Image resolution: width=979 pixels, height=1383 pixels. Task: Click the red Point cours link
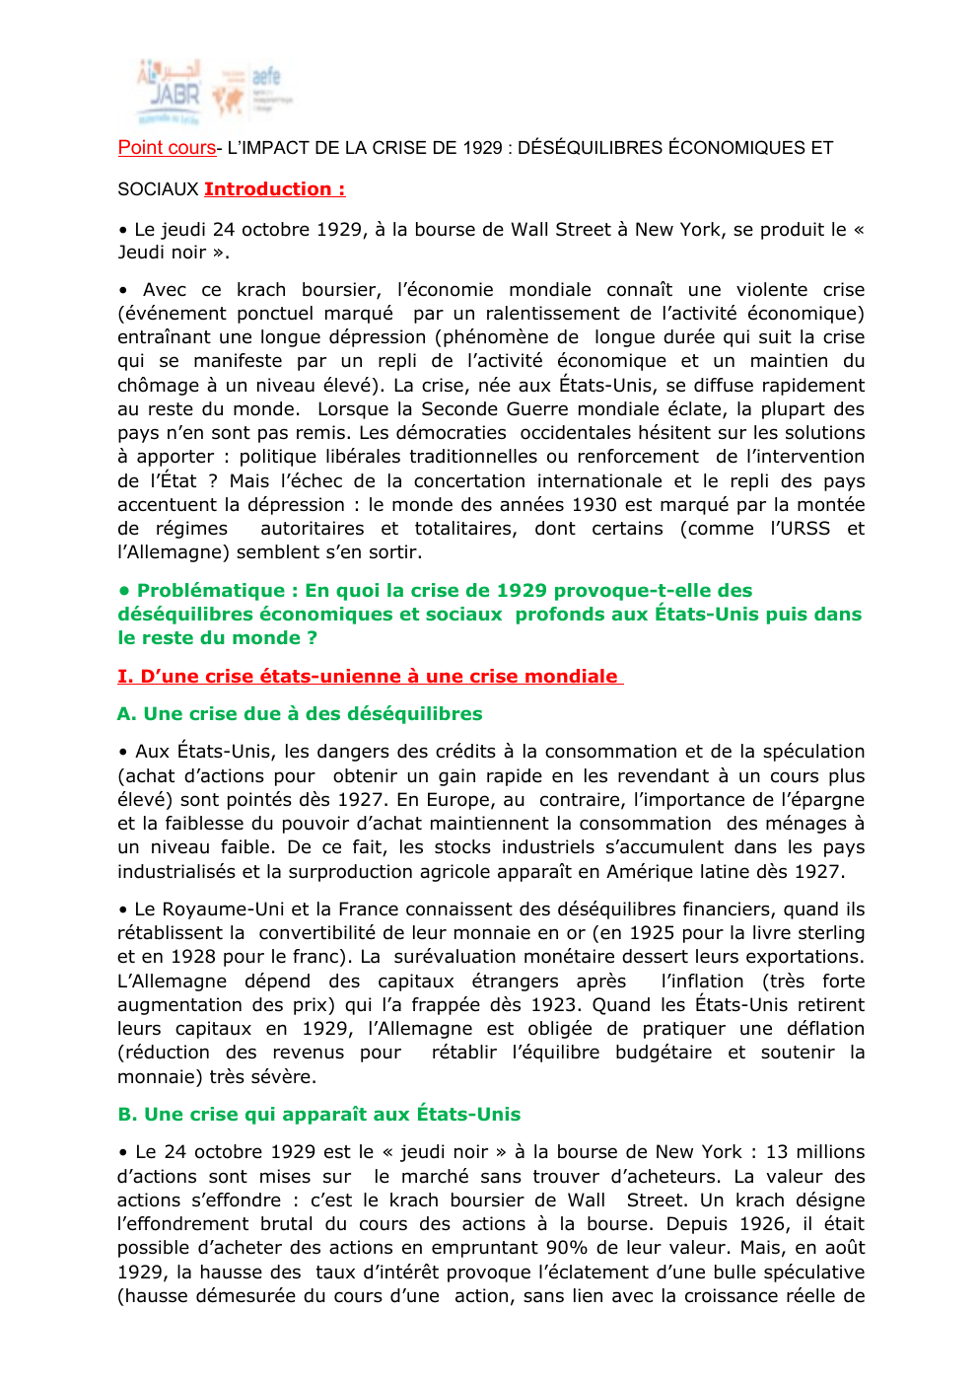(167, 148)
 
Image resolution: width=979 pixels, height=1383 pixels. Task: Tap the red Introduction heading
(274, 189)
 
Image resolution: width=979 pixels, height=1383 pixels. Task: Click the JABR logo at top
(169, 92)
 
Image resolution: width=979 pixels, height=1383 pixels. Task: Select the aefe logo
(257, 91)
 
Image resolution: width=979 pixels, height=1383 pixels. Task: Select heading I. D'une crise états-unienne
(369, 677)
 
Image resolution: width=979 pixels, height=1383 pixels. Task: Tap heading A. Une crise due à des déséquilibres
(300, 714)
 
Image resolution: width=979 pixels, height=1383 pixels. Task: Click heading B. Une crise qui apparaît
(318, 1115)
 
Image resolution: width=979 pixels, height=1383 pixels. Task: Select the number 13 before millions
(777, 1152)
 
